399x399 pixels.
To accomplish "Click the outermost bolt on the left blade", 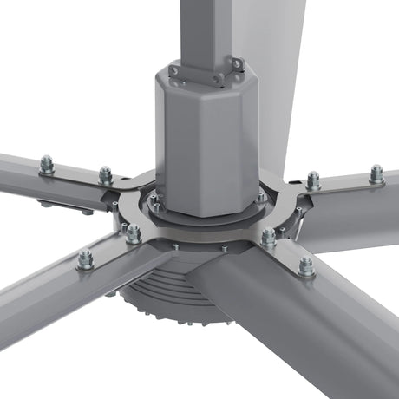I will [47, 163].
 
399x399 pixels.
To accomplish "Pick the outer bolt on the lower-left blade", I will [85, 258].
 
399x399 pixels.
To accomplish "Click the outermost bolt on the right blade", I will [376, 173].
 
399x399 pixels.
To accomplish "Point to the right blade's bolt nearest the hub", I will [312, 180].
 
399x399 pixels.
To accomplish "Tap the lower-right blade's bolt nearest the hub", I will [269, 236].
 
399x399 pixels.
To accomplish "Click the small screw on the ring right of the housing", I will [261, 198].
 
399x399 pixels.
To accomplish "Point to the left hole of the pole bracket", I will [174, 70].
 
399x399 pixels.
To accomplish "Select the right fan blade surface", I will [356, 208].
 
